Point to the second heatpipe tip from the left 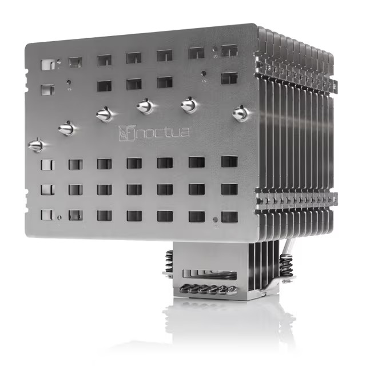(67, 128)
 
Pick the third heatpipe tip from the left (104, 114)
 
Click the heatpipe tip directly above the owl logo (145, 106)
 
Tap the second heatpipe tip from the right (189, 105)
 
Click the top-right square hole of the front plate (229, 50)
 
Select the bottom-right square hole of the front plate (229, 217)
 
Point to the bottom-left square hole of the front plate (47, 215)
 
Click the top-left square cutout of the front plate (48, 63)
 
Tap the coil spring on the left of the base (169, 264)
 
